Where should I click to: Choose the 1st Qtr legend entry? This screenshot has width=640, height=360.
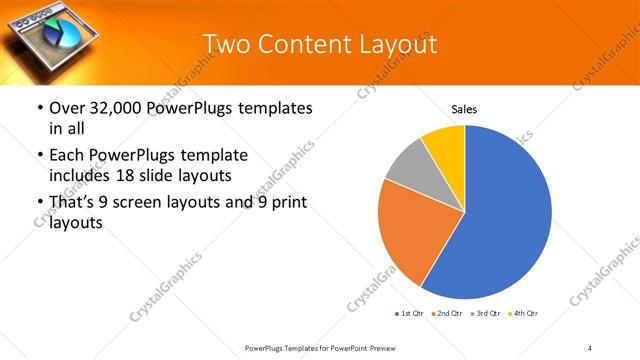click(x=409, y=314)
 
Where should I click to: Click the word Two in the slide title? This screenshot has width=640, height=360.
click(x=226, y=44)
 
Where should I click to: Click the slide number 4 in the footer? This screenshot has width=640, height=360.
click(x=590, y=347)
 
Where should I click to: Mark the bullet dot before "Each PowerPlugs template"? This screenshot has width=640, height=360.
click(x=38, y=156)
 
